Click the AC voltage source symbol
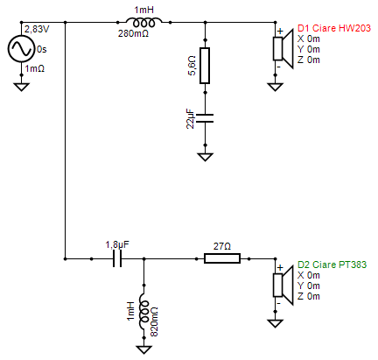click(x=21, y=49)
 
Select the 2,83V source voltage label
click(x=37, y=29)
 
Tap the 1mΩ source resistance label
click(x=35, y=68)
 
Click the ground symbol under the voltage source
click(x=21, y=87)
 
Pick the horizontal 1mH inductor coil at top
click(x=143, y=22)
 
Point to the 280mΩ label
click(x=133, y=33)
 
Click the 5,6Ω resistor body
click(x=205, y=66)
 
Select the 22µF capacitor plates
click(x=205, y=118)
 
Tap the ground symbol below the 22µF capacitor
click(x=205, y=157)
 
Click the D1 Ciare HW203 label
click(x=334, y=28)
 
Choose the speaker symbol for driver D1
click(x=283, y=48)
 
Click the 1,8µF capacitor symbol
click(x=117, y=258)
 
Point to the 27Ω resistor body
click(x=222, y=258)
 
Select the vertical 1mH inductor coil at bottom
click(x=143, y=312)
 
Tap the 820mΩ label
click(x=154, y=321)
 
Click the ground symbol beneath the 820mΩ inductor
click(x=143, y=349)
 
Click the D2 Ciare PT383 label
click(x=332, y=265)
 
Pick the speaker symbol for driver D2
click(x=283, y=286)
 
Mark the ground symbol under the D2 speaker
click(x=275, y=323)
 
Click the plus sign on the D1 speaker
click(x=280, y=32)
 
